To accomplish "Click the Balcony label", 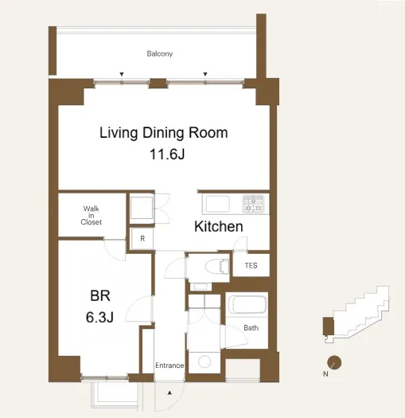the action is (x=160, y=54).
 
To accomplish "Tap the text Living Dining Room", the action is (x=164, y=133).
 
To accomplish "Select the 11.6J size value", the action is (x=167, y=154).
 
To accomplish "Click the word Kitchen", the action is (x=219, y=227).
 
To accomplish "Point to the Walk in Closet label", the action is (x=92, y=215).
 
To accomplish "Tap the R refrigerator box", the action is (x=142, y=239).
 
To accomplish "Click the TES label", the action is (x=251, y=265).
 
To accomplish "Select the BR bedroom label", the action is (x=100, y=296).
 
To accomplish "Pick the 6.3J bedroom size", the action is (x=99, y=317).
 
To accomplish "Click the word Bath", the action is (x=251, y=327).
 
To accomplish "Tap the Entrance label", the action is (x=169, y=365).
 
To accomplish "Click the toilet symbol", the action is (x=217, y=266).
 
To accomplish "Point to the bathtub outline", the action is (x=247, y=304).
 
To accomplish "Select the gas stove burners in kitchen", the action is (x=253, y=204).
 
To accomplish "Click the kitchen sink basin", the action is (x=218, y=204).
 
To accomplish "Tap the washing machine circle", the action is (x=204, y=362).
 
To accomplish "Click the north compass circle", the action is (x=334, y=363).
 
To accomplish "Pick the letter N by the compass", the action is (x=325, y=374).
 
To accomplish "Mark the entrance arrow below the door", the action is (x=169, y=393).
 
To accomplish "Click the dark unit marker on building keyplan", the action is (x=329, y=326).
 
